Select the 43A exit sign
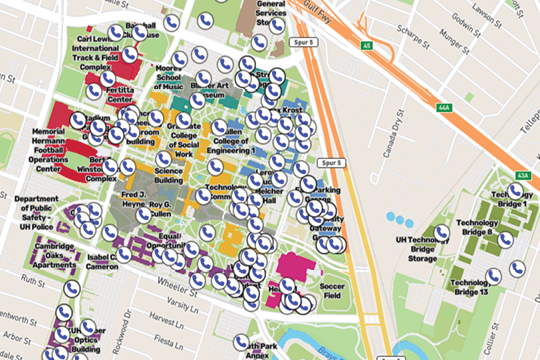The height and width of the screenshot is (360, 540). pyautogui.click(x=523, y=177)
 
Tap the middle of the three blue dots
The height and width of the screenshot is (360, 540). pyautogui.click(x=397, y=219)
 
